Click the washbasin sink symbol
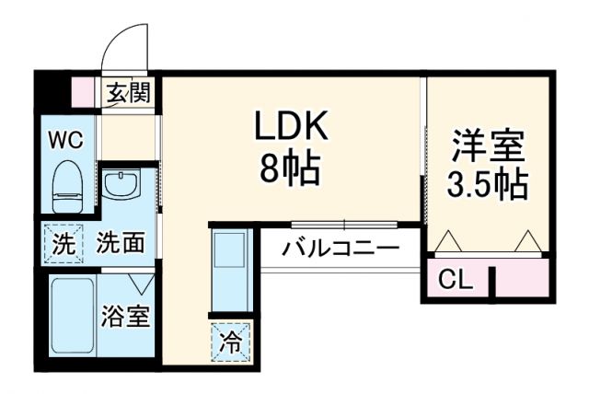pyautogui.click(x=120, y=185)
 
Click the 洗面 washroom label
pyautogui.click(x=121, y=244)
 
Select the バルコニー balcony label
pyautogui.click(x=340, y=249)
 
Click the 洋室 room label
pyautogui.click(x=487, y=147)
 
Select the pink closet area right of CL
pyautogui.click(x=522, y=279)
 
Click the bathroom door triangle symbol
pyautogui.click(x=141, y=283)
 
